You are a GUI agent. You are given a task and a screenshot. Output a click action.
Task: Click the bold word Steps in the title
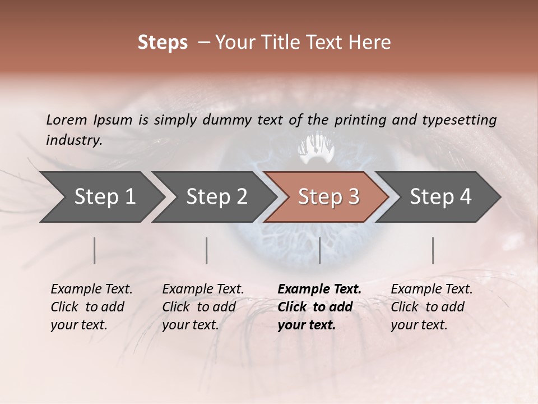coord(163,43)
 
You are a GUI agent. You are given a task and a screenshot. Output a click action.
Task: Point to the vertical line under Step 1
coord(95,250)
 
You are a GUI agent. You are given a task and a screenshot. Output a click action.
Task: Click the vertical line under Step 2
coord(207,250)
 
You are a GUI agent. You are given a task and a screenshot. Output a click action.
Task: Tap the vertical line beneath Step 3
coord(319,250)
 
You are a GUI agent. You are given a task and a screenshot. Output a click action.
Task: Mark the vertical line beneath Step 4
coord(433,250)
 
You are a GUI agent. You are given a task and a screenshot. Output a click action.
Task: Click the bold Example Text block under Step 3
coord(319,307)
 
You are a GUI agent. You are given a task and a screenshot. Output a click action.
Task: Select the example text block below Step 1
coord(91,307)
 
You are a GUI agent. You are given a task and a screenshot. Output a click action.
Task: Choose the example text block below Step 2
coord(203,307)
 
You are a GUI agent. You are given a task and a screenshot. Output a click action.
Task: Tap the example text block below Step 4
coord(432,307)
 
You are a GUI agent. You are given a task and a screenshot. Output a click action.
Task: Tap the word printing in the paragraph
coord(366,120)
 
